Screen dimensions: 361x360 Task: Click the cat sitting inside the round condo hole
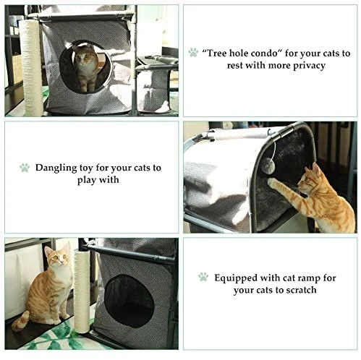tap(86, 68)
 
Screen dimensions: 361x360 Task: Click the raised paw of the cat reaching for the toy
tap(271, 182)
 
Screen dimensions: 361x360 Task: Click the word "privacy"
tap(309, 66)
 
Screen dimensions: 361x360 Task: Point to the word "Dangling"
tap(56, 168)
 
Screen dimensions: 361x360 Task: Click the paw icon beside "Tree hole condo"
tap(193, 52)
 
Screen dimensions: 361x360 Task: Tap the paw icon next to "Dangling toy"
tap(25, 168)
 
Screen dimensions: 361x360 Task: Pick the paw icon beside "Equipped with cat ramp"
tap(203, 277)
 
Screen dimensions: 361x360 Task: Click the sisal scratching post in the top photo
tap(32, 67)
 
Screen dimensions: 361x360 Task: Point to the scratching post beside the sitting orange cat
tap(82, 291)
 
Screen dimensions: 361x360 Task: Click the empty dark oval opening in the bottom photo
tap(129, 301)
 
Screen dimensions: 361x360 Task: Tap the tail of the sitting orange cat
tap(20, 321)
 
